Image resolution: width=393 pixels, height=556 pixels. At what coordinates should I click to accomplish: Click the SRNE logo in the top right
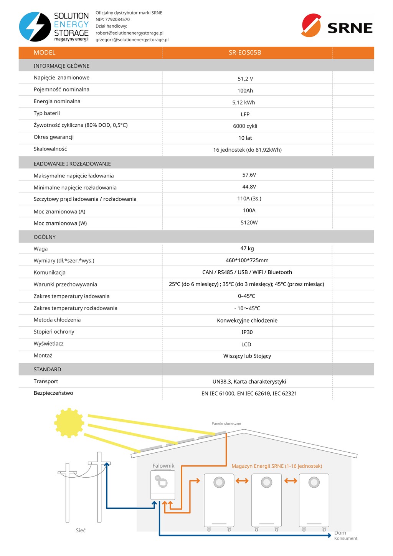click(x=337, y=26)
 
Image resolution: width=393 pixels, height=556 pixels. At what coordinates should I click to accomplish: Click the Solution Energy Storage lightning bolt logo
click(x=35, y=26)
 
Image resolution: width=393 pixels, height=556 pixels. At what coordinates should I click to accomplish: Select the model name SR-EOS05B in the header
click(x=245, y=53)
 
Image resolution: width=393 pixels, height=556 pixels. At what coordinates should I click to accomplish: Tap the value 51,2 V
click(x=245, y=79)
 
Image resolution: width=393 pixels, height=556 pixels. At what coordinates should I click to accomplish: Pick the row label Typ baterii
click(x=46, y=113)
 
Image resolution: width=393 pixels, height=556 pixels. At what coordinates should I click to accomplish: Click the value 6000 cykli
click(x=245, y=126)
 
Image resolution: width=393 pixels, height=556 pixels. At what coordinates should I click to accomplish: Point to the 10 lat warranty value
click(x=245, y=138)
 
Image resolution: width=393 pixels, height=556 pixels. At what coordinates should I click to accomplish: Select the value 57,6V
click(x=249, y=175)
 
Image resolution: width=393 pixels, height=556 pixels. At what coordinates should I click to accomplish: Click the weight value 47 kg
click(x=247, y=248)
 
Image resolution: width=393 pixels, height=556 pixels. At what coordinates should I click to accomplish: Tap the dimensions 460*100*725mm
click(x=247, y=260)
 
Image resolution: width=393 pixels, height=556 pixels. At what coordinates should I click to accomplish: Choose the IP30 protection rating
click(x=247, y=332)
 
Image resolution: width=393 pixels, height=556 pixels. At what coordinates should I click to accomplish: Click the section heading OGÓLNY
click(x=45, y=237)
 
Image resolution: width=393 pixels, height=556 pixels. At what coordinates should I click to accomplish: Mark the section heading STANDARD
click(x=47, y=369)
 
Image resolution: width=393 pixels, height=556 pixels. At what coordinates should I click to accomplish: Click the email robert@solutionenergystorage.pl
click(x=129, y=33)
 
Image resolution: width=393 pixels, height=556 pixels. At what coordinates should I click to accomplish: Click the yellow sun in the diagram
click(x=69, y=423)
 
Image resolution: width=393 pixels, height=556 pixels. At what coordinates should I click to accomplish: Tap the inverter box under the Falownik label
click(x=163, y=485)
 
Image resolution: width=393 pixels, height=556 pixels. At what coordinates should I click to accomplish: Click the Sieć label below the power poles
click(x=81, y=530)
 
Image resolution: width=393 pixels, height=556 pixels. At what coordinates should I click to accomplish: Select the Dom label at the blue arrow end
click(x=340, y=533)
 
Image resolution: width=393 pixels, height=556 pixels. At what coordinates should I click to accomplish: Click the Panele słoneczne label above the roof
click(x=226, y=424)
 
